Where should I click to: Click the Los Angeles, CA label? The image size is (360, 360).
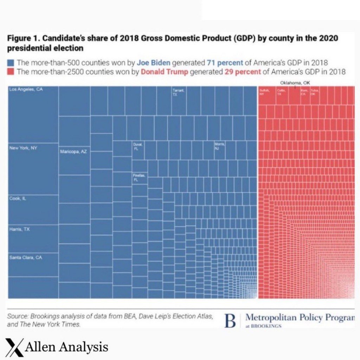point(26,90)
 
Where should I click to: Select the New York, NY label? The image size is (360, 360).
point(23,148)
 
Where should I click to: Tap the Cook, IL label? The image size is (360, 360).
point(18,199)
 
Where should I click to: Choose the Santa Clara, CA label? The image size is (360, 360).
point(26,258)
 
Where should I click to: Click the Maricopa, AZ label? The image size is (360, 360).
point(73,152)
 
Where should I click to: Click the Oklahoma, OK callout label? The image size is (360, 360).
point(295,83)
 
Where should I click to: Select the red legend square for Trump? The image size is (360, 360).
point(11,72)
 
